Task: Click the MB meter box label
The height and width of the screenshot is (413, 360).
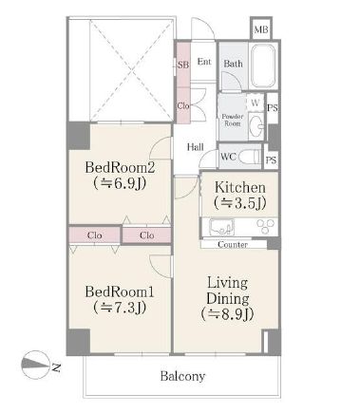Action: (261, 30)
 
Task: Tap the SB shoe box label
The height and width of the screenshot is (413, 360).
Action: (183, 65)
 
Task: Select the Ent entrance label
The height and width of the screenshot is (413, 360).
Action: (204, 62)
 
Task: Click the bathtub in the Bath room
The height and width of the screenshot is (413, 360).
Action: (263, 66)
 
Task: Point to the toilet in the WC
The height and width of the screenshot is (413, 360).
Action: (250, 157)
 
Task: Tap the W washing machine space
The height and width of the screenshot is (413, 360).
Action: (256, 103)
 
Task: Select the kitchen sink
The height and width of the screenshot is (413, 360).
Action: (221, 227)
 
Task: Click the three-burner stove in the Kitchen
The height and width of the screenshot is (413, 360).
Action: (265, 226)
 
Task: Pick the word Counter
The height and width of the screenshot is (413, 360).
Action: (233, 245)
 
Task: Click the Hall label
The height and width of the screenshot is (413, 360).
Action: (195, 147)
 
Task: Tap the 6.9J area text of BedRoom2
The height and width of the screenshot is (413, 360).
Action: (121, 183)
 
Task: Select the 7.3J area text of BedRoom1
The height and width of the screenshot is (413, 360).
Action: (120, 307)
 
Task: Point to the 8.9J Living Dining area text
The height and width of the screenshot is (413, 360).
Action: (227, 314)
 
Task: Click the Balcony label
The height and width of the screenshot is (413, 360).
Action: (182, 376)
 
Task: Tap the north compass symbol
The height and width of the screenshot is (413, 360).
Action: (35, 365)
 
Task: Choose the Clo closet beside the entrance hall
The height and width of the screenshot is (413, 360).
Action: (183, 105)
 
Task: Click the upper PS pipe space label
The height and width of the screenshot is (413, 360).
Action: (273, 108)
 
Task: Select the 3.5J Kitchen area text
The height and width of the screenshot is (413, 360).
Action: (240, 202)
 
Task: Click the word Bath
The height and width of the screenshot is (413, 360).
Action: (234, 64)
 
